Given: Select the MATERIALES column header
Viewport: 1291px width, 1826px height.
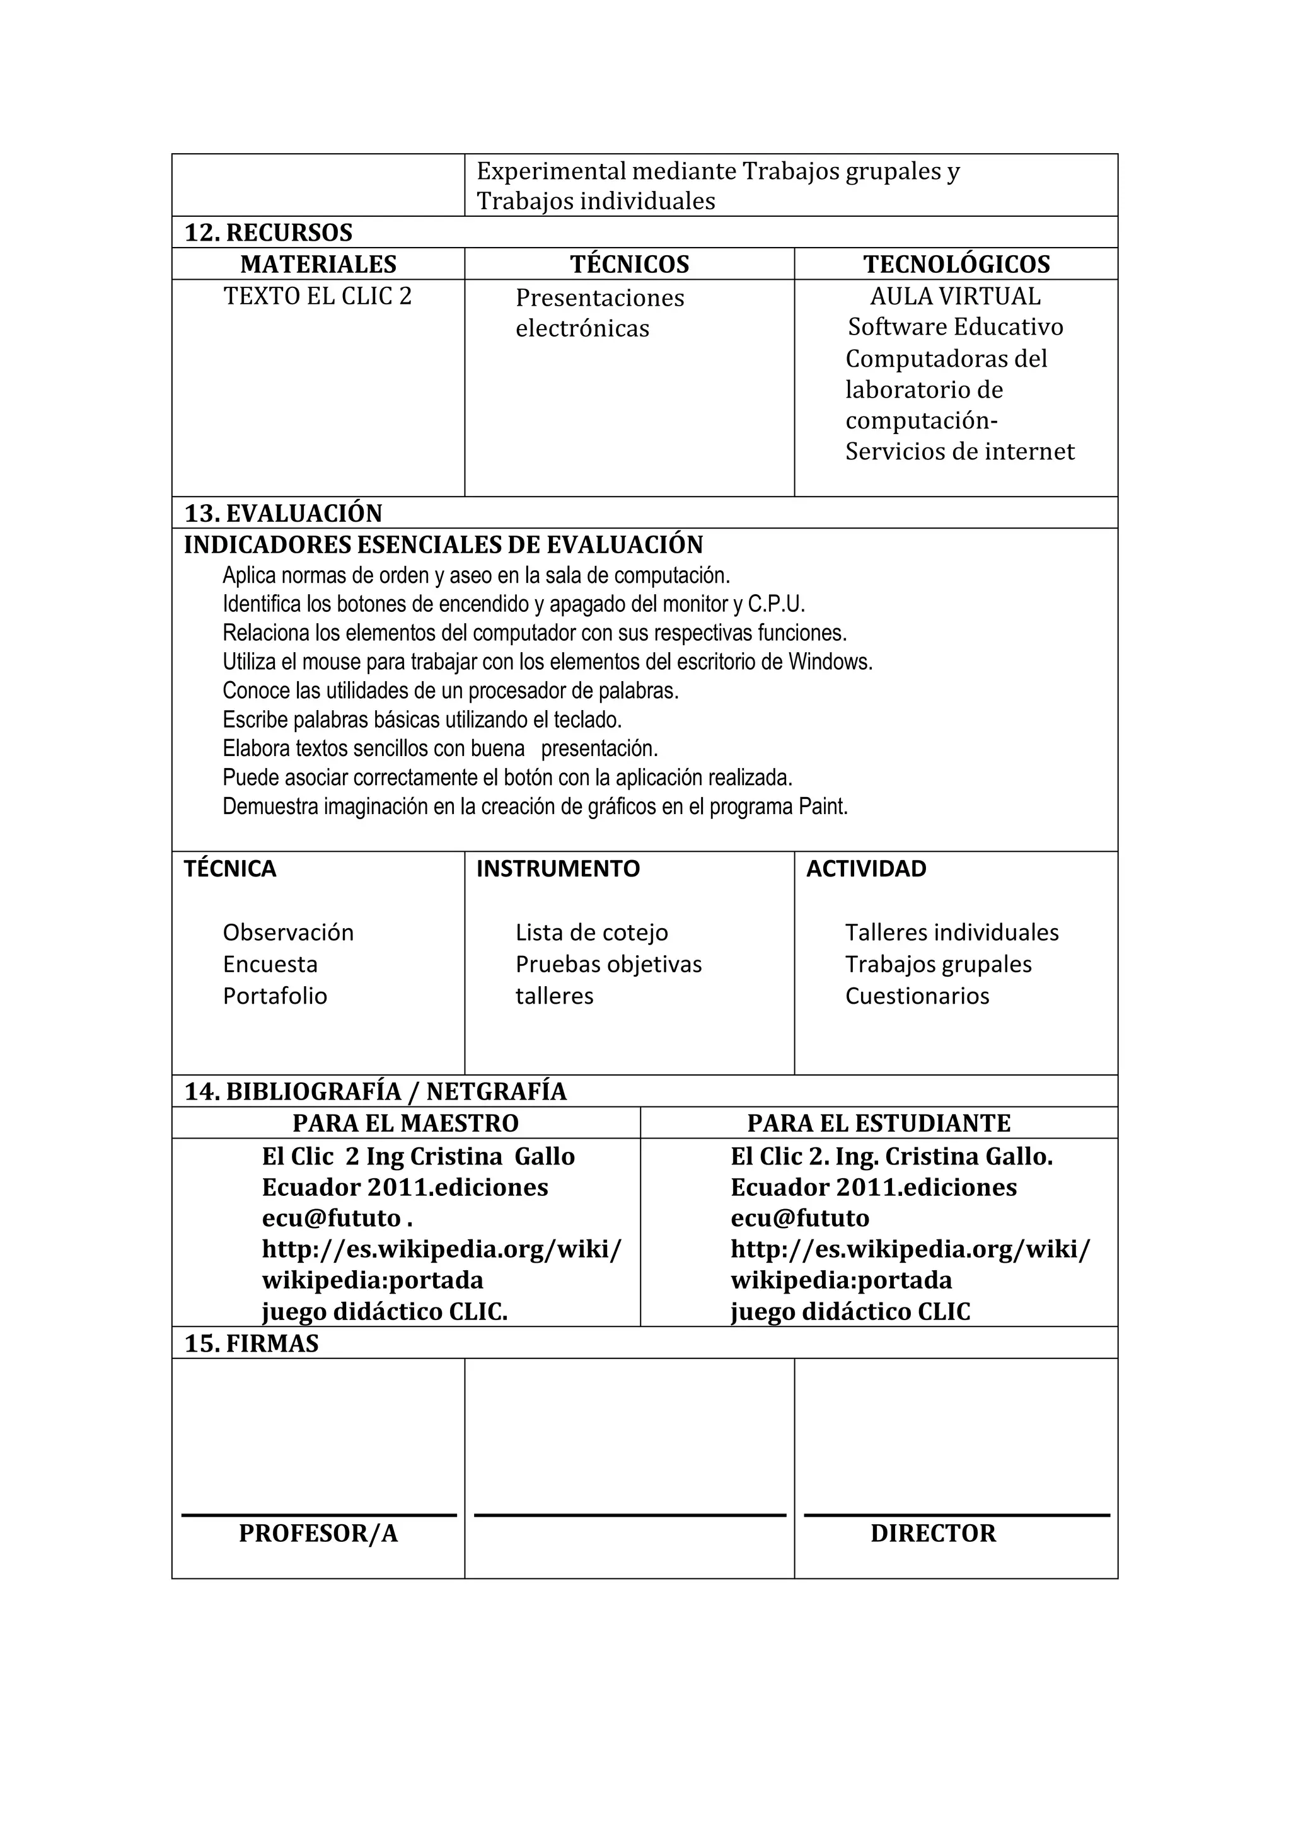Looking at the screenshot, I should tap(318, 264).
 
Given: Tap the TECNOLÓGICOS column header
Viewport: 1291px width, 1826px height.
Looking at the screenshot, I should tap(956, 264).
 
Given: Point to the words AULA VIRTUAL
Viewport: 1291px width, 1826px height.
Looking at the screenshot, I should tap(954, 296).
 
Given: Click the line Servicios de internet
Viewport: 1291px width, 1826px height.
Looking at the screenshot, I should tap(959, 452).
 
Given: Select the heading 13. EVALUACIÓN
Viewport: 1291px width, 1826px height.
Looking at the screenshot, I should tap(283, 513).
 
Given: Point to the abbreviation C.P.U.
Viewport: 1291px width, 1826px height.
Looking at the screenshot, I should tap(777, 604).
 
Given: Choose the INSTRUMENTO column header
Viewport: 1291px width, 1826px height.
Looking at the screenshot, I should tap(558, 868).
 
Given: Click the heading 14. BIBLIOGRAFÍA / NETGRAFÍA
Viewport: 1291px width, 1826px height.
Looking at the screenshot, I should tap(376, 1091).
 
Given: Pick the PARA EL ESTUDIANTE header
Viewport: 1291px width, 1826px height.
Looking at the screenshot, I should tap(878, 1123).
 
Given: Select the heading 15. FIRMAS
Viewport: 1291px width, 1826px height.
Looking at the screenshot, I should tap(252, 1343).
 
